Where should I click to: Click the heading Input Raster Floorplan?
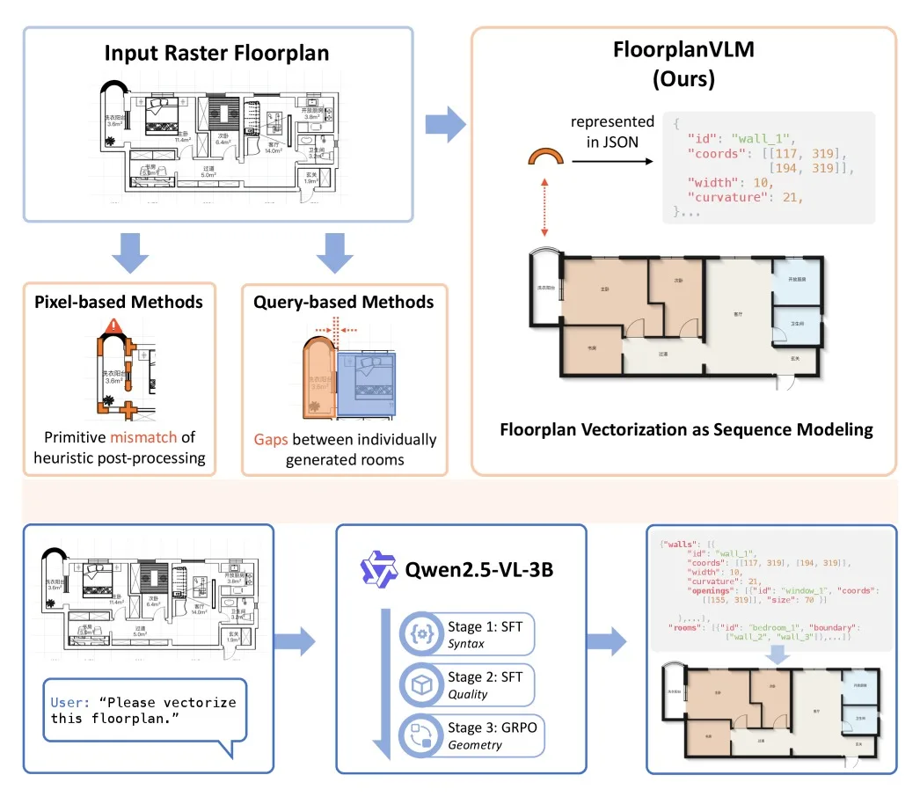pyautogui.click(x=216, y=52)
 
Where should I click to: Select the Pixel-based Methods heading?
pyautogui.click(x=118, y=302)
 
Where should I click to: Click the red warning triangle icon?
pyautogui.click(x=112, y=327)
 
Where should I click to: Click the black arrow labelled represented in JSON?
pyautogui.click(x=611, y=161)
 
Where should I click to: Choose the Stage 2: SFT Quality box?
pyautogui.click(x=467, y=685)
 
